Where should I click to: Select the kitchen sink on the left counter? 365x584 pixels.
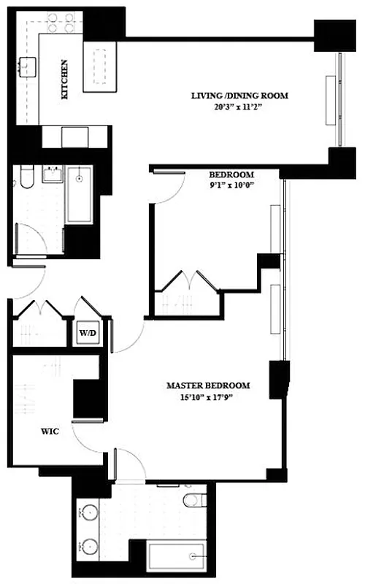tap(29, 67)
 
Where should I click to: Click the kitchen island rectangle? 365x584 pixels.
tap(101, 66)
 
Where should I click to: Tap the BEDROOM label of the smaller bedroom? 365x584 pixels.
tap(231, 174)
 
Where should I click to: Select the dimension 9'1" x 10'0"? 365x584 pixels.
tap(231, 185)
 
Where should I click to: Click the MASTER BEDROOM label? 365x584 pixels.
tap(208, 385)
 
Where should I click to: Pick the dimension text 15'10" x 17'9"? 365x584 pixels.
tap(208, 397)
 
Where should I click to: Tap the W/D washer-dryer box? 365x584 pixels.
tap(88, 334)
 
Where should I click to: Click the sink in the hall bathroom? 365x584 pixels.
tap(52, 175)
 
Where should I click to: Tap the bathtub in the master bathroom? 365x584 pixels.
tap(175, 557)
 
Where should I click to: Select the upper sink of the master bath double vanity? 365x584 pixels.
tap(90, 512)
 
